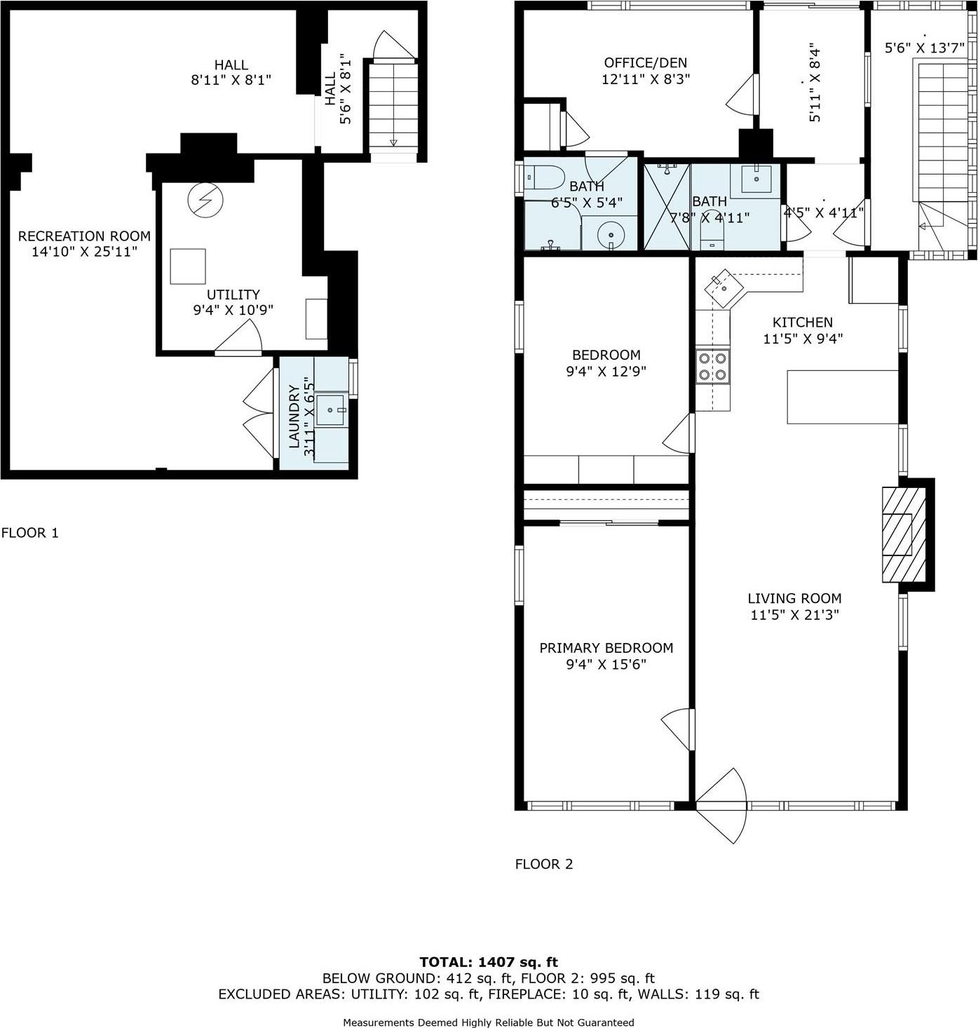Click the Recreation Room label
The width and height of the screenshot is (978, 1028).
(84, 236)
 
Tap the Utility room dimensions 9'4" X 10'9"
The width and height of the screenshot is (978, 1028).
(233, 310)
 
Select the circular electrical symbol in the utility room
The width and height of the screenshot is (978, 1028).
(205, 201)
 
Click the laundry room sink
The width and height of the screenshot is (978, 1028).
(330, 410)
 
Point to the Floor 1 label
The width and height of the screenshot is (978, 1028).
(30, 533)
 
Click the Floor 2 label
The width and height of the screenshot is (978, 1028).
(544, 865)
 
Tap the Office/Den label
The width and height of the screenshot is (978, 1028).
(646, 63)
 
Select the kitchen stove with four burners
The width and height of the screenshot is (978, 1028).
(712, 366)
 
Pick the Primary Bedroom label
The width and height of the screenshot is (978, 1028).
(606, 649)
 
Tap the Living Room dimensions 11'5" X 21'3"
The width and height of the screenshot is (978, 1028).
(794, 616)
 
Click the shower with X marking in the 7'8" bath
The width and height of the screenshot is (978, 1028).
(667, 207)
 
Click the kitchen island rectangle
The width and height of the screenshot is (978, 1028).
(842, 397)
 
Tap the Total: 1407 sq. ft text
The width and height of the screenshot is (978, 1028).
(489, 962)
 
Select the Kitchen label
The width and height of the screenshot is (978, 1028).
(803, 323)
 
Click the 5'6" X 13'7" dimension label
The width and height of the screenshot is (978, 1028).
(924, 48)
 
